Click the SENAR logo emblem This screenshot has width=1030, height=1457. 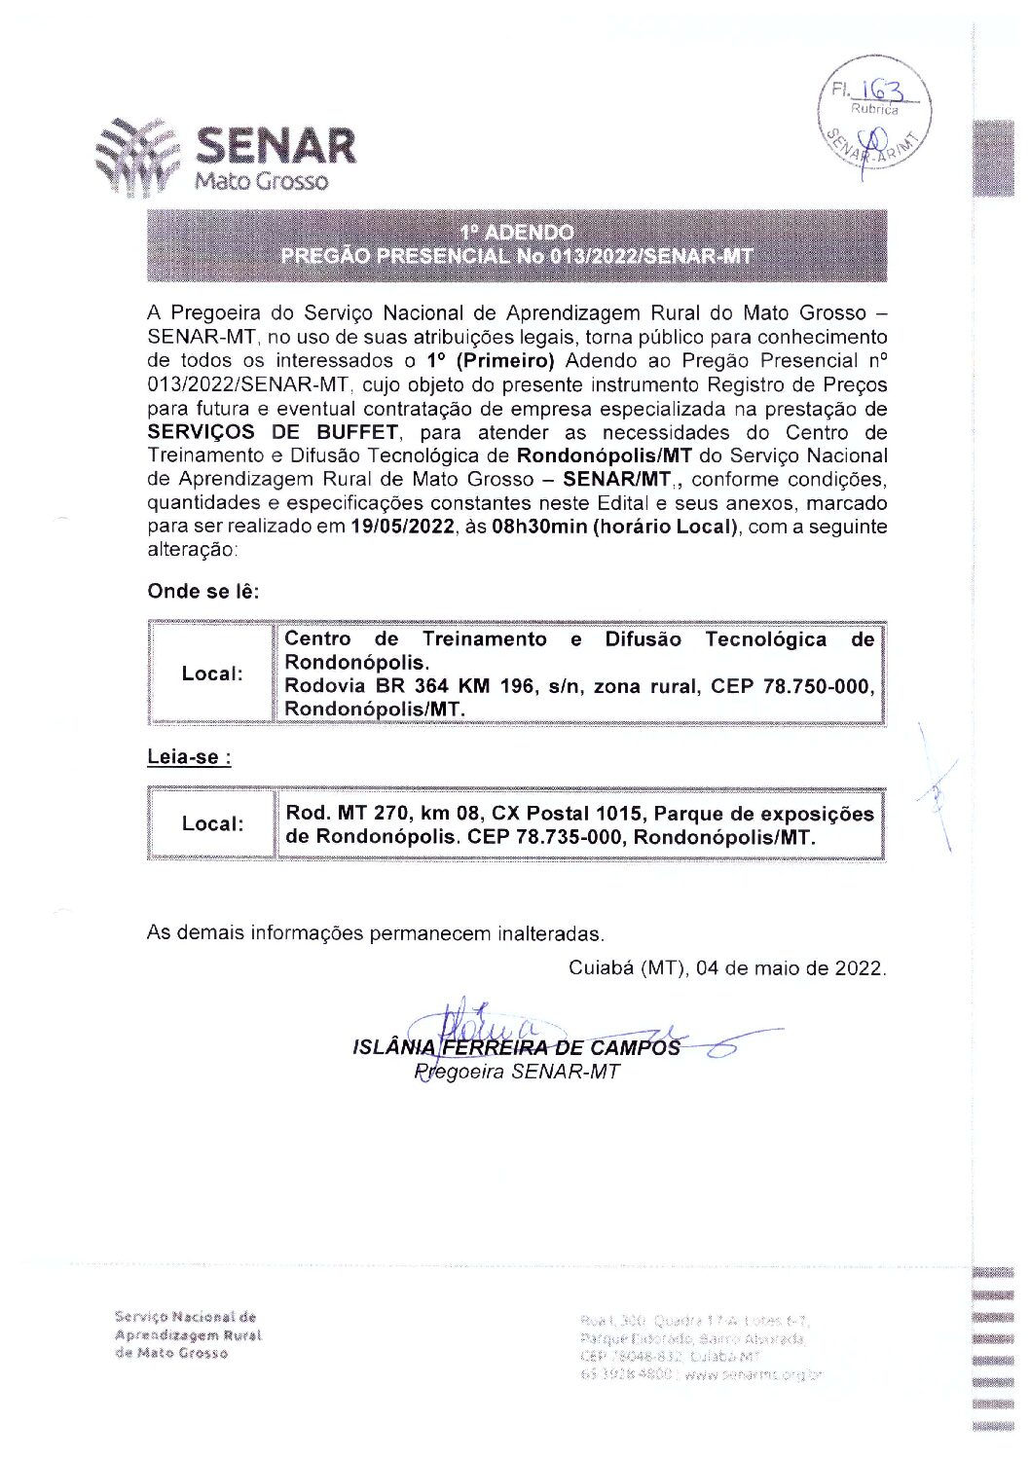138,156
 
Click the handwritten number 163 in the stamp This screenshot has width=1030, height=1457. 882,90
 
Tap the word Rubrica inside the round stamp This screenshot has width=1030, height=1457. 874,110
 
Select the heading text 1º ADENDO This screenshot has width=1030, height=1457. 517,232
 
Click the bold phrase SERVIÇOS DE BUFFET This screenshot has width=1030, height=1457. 273,432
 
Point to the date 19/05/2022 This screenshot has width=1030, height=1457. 402,527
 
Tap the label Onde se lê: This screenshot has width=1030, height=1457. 203,592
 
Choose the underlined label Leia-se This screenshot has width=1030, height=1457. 189,757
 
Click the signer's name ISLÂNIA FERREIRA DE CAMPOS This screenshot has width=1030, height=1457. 516,1047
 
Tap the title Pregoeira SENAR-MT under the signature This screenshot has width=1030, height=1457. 516,1072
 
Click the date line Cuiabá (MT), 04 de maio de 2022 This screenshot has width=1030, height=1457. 726,968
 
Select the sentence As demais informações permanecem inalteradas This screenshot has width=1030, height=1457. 375,933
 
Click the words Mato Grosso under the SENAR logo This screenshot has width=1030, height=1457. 262,181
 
